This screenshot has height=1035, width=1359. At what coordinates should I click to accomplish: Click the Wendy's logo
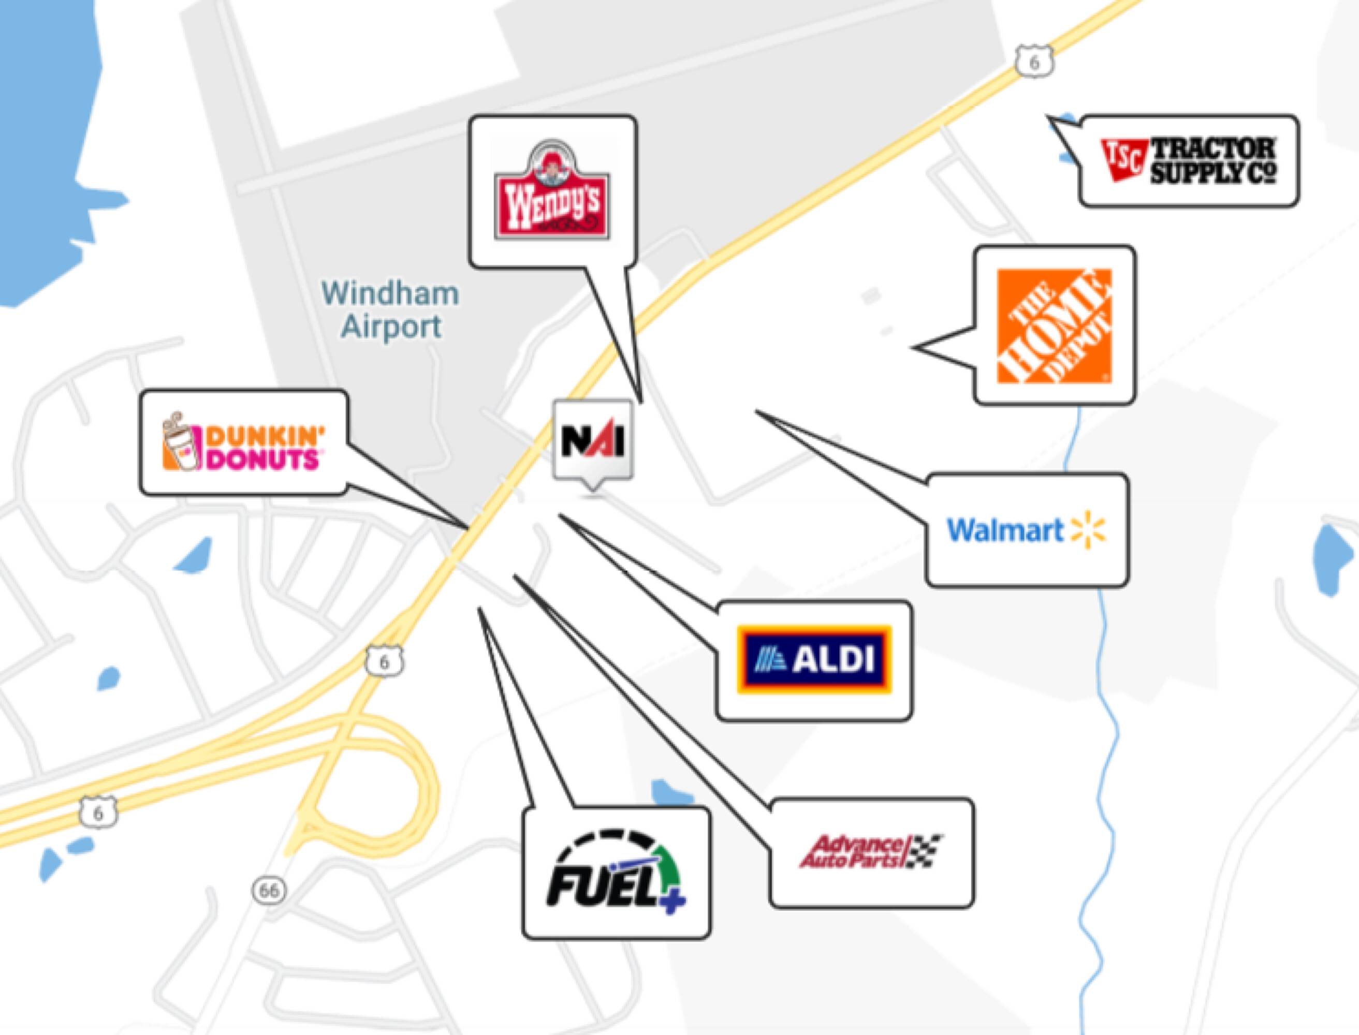pyautogui.click(x=552, y=191)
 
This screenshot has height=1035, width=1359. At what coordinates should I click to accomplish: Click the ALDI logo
pyautogui.click(x=814, y=660)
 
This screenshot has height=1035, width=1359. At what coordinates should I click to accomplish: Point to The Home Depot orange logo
pyautogui.click(x=1054, y=326)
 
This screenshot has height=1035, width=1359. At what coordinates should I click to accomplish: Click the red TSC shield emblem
pyautogui.click(x=1124, y=159)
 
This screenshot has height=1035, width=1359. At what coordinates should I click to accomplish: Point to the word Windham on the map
pyautogui.click(x=390, y=294)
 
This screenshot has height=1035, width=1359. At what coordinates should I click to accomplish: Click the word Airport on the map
pyautogui.click(x=391, y=327)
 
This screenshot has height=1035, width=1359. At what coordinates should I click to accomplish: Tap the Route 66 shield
pyautogui.click(x=269, y=891)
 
